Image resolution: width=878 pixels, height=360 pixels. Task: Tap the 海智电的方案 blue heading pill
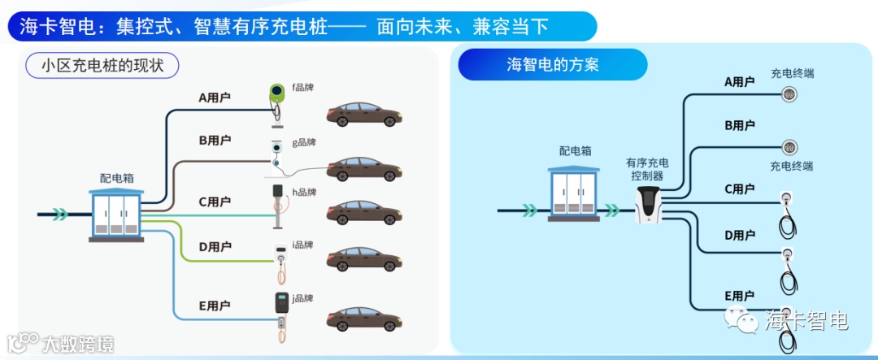pyautogui.click(x=552, y=65)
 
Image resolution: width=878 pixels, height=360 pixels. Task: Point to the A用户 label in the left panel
pyautogui.click(x=215, y=98)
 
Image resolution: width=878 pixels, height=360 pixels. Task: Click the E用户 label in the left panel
pyautogui.click(x=215, y=306)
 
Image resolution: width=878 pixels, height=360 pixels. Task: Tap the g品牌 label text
pyautogui.click(x=304, y=142)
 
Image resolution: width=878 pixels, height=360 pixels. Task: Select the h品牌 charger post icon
pyautogui.click(x=278, y=203)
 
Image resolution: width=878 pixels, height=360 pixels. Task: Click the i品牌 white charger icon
pyautogui.click(x=280, y=255)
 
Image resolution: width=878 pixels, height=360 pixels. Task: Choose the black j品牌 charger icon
pyautogui.click(x=281, y=304)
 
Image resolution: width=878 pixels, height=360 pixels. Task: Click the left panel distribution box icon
pyautogui.click(x=116, y=215)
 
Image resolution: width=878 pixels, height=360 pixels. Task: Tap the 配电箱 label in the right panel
pyautogui.click(x=575, y=150)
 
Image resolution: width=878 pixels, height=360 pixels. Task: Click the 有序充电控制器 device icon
pyautogui.click(x=648, y=204)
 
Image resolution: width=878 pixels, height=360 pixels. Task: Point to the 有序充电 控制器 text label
pyautogui.click(x=647, y=169)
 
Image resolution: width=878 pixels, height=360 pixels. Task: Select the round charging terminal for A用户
pyautogui.click(x=788, y=94)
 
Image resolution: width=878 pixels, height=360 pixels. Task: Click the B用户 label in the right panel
pyautogui.click(x=740, y=125)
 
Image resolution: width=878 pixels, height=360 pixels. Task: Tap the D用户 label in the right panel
pyautogui.click(x=740, y=235)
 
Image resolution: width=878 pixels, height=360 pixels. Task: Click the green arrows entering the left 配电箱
pyautogui.click(x=60, y=215)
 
